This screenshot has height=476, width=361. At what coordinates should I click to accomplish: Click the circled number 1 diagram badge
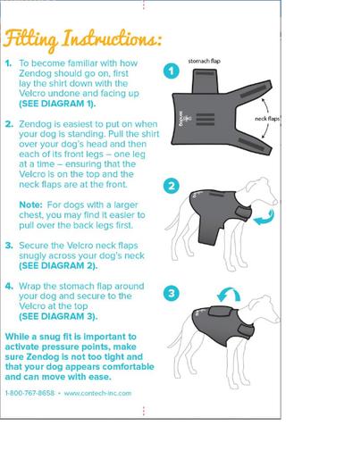pyautogui.click(x=172, y=71)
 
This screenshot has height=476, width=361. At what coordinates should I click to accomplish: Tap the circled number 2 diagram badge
pyautogui.click(x=172, y=186)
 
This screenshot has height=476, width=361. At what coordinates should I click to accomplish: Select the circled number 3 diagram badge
pyautogui.click(x=172, y=293)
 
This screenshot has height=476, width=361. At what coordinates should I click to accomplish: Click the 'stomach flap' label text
pyautogui.click(x=204, y=61)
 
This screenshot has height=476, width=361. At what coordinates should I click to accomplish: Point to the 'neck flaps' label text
pyautogui.click(x=267, y=119)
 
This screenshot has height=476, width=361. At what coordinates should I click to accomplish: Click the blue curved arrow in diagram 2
pyautogui.click(x=264, y=217)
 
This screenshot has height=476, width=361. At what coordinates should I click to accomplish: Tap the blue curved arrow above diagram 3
pyautogui.click(x=229, y=295)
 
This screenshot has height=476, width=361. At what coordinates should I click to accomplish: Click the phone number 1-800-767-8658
pyautogui.click(x=29, y=393)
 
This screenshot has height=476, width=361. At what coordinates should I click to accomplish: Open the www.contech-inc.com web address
pyautogui.click(x=97, y=393)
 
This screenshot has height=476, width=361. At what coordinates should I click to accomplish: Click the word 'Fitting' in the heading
pyautogui.click(x=30, y=39)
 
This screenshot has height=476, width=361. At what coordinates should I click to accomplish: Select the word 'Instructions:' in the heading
pyautogui.click(x=112, y=38)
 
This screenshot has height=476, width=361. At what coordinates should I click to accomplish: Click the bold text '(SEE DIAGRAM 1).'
pyautogui.click(x=57, y=104)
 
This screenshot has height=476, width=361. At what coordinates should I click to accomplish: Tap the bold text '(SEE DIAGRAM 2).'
pyautogui.click(x=58, y=265)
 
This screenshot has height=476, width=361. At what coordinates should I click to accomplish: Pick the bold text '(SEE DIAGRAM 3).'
pyautogui.click(x=58, y=316)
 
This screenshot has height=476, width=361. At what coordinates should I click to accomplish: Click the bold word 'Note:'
pyautogui.click(x=31, y=205)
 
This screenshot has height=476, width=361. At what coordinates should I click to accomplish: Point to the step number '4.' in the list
pyautogui.click(x=9, y=286)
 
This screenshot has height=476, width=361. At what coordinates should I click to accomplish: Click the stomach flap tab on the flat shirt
pyautogui.click(x=205, y=80)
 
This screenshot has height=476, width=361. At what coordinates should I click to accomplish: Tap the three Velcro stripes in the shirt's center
pyautogui.click(x=206, y=120)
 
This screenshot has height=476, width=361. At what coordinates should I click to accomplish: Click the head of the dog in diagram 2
pyautogui.click(x=261, y=189)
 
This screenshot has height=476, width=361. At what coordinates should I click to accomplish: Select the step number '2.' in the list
pyautogui.click(x=9, y=124)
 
